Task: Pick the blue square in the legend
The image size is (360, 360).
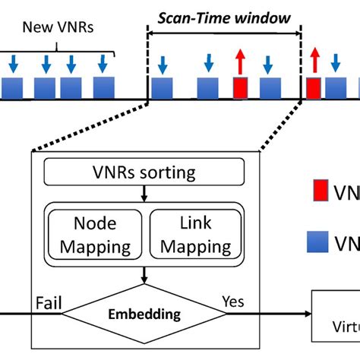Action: pyautogui.click(x=318, y=242)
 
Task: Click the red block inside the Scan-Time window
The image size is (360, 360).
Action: pyautogui.click(x=241, y=88)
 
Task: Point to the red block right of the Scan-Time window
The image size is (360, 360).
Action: pyautogui.click(x=314, y=88)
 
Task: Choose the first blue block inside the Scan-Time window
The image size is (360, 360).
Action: pyautogui.click(x=161, y=88)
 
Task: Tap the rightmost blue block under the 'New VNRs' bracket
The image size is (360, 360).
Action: pyautogui.click(x=104, y=87)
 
